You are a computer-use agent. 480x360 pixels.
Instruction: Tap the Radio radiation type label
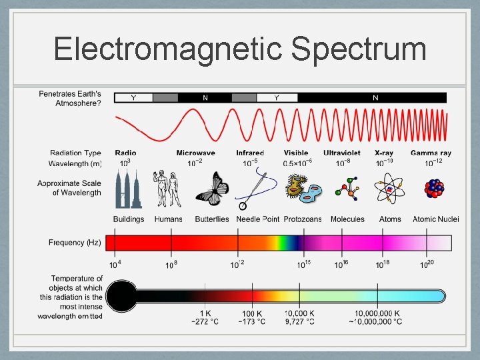pos(125,153)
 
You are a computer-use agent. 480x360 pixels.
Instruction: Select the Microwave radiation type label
pos(195,153)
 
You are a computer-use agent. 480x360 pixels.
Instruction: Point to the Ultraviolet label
pos(342,153)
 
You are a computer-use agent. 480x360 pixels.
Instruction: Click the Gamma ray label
pos(431,153)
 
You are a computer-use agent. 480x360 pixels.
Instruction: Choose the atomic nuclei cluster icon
pos(434,189)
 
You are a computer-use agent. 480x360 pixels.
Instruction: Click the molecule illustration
pos(347,189)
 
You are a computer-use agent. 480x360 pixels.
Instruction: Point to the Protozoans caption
pos(303,219)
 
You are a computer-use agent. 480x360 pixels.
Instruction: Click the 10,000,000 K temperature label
pos(377,313)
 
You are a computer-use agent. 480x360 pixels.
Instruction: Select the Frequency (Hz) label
pos(75,243)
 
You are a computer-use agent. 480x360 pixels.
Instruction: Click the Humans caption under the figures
pos(168,219)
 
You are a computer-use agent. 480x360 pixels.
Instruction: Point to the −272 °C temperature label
pos(205,322)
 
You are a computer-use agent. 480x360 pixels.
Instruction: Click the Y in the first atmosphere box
pos(133,98)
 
